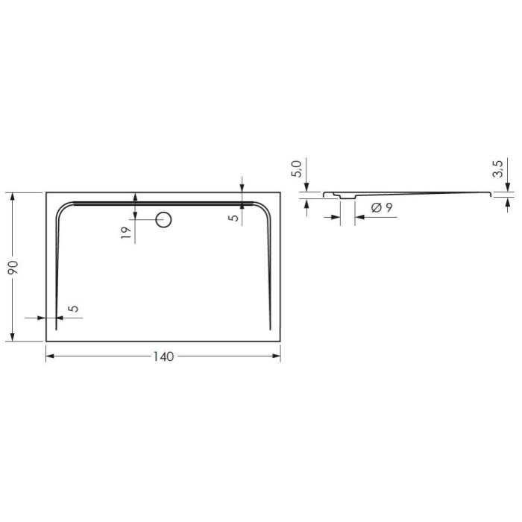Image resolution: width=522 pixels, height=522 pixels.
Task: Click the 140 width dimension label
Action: [163, 356]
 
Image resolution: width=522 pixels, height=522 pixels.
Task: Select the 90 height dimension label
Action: [13, 267]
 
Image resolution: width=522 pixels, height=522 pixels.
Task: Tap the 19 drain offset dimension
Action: [126, 232]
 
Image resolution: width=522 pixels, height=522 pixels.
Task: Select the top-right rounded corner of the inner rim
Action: [263, 208]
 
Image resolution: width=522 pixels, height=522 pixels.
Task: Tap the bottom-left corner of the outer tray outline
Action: [46, 341]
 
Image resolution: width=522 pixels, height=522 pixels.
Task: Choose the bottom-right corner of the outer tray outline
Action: [280, 341]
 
